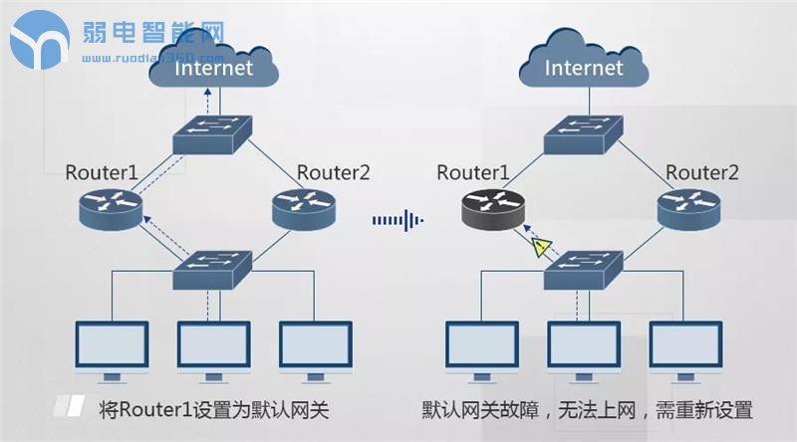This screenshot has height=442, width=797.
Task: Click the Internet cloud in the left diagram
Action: coord(213,62)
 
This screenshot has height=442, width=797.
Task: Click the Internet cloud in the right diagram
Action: coord(584,62)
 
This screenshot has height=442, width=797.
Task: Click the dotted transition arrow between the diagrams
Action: coord(398,219)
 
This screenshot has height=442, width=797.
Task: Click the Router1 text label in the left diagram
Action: coord(102,172)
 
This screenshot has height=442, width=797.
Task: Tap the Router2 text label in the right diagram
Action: coord(703,172)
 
